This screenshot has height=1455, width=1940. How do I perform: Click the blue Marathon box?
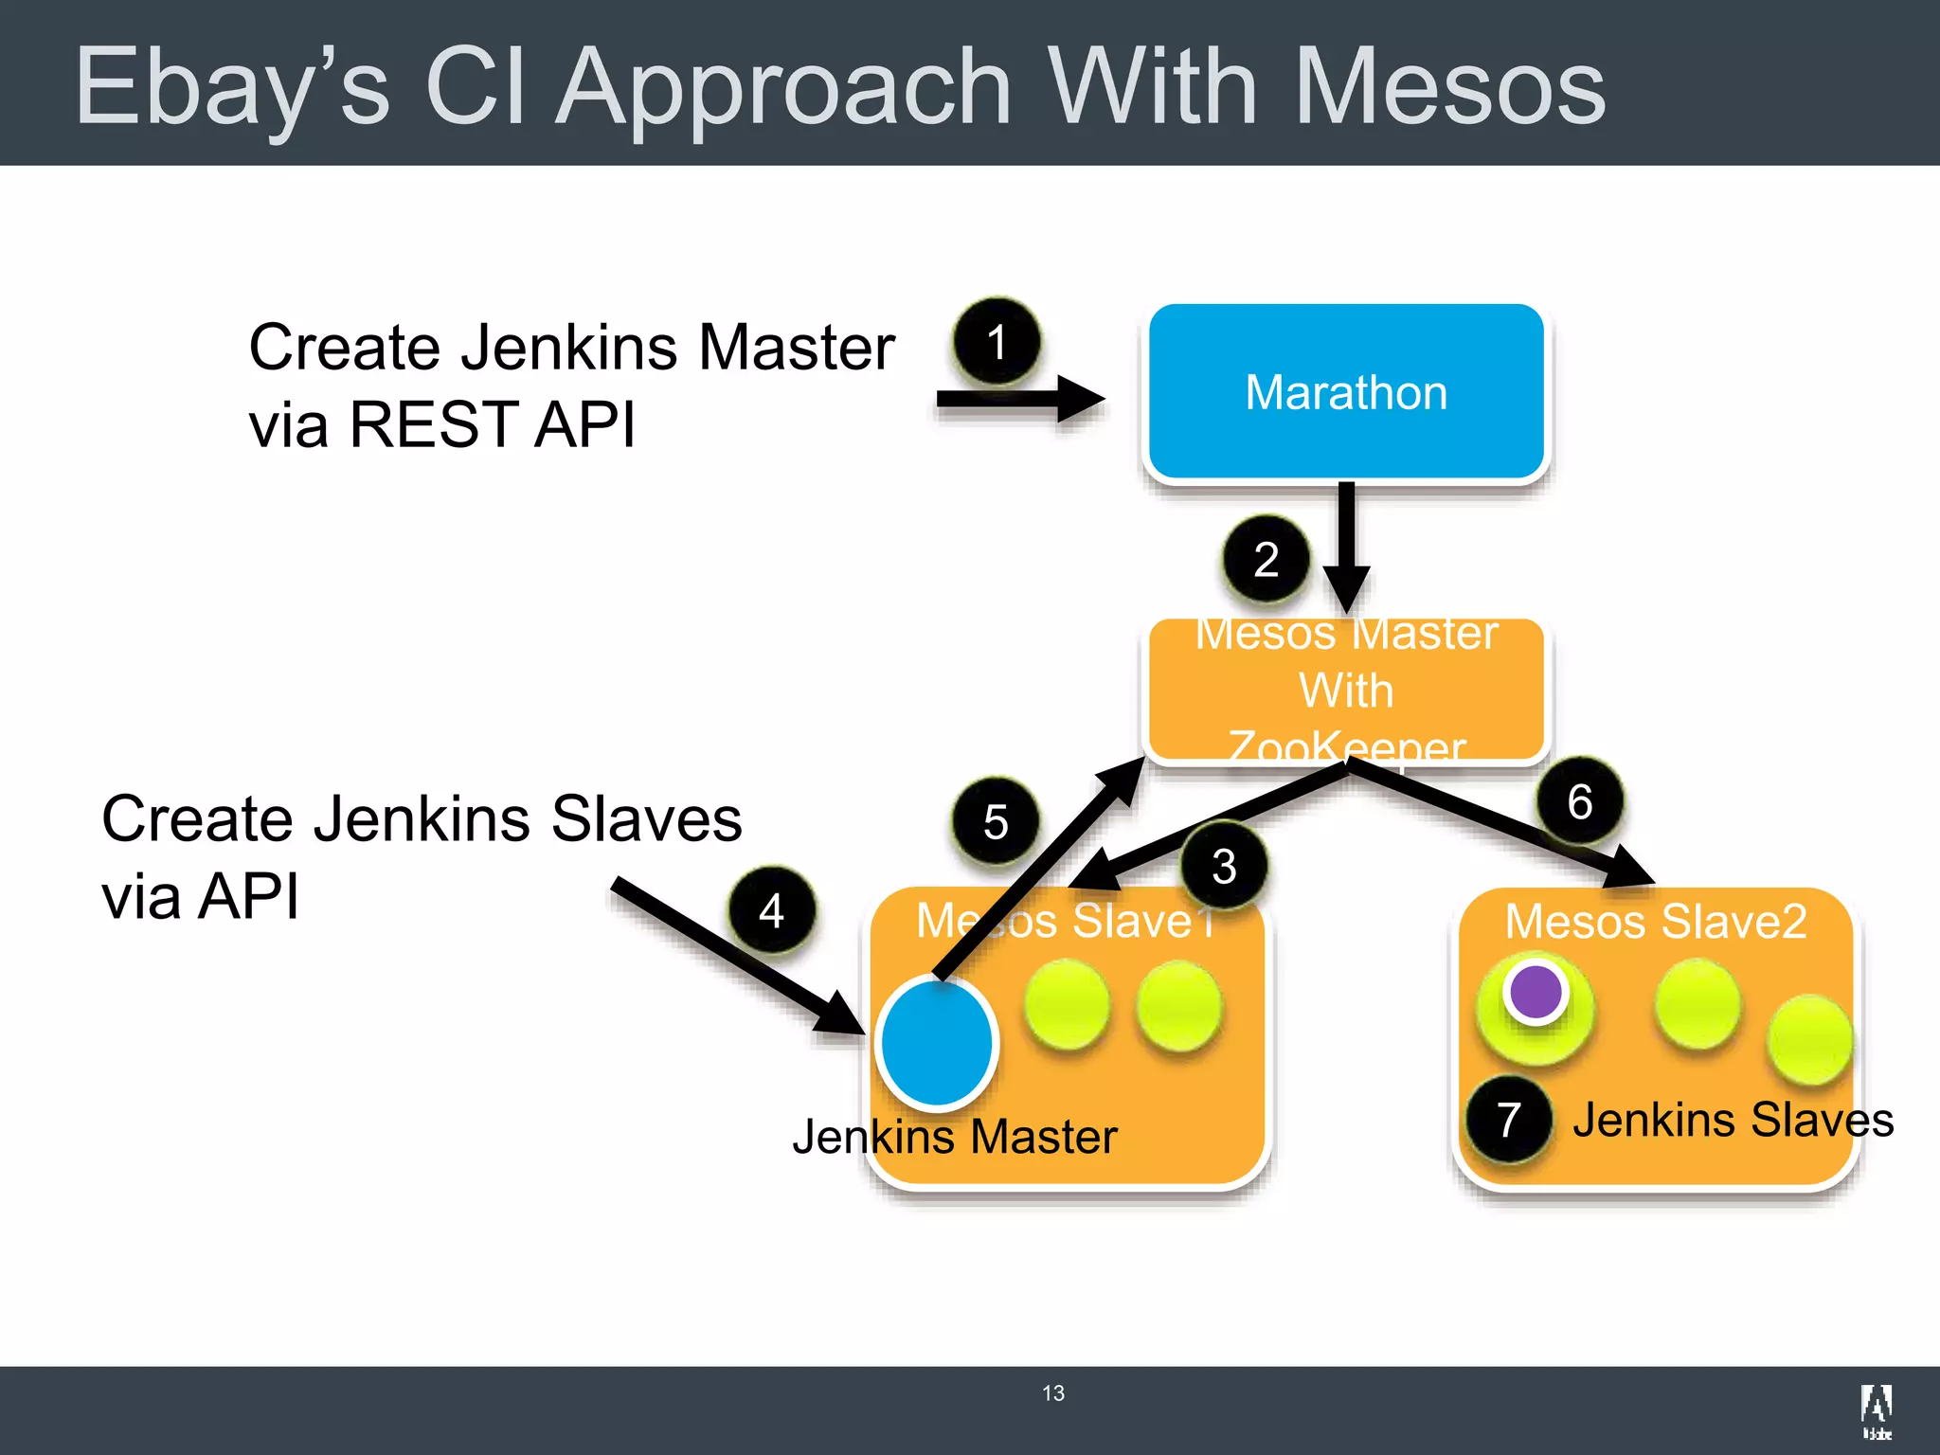(x=1345, y=392)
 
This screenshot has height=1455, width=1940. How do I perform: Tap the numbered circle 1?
(x=997, y=342)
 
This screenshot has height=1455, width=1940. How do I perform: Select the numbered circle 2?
(x=1266, y=559)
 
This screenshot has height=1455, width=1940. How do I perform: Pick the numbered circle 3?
(x=1224, y=866)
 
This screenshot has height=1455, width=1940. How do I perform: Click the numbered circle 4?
(x=772, y=911)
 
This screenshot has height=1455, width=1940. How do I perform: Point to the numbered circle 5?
(x=996, y=821)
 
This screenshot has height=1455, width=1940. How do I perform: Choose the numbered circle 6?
(x=1580, y=801)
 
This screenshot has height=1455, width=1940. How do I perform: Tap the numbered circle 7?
(x=1509, y=1120)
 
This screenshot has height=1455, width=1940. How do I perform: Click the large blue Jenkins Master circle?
(x=937, y=1042)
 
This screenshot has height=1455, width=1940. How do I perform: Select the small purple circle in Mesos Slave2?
(x=1536, y=992)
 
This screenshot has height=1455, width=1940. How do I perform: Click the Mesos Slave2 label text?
(x=1656, y=921)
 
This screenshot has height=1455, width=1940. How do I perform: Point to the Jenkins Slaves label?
(x=1733, y=1120)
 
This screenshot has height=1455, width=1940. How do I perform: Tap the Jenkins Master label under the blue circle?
(x=955, y=1137)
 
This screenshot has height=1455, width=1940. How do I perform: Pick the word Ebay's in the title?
(x=232, y=87)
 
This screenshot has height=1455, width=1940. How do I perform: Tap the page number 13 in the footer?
(x=1052, y=1393)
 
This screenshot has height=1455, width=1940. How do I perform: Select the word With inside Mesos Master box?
(x=1346, y=691)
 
